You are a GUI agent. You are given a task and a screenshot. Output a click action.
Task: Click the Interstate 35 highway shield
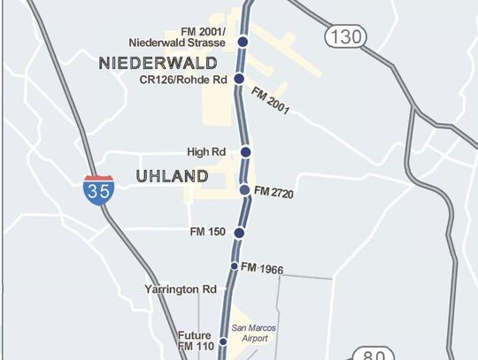coord(97,191)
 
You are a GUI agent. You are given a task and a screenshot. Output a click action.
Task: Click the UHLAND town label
coord(173,177)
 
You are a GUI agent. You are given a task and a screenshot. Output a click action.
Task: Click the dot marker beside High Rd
coord(245,152)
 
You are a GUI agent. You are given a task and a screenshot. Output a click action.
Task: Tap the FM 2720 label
coord(274,190)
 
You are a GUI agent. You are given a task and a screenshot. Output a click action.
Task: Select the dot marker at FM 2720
coord(244,190)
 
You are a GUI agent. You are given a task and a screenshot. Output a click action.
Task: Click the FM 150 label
coord(210,233)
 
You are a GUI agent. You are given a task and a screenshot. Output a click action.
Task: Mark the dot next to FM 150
coord(239,233)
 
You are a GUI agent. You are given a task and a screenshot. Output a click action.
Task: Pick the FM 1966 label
coord(263,266)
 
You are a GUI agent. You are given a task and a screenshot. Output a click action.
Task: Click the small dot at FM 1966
coord(235,266)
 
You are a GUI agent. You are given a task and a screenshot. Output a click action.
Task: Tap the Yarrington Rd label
coord(181,289)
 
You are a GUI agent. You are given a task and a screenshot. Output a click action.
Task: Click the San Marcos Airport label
coord(249,333)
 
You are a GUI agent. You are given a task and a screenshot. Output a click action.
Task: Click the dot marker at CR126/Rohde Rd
coord(239,79)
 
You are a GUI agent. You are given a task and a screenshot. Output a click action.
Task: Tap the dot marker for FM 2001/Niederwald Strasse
coord(243,42)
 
